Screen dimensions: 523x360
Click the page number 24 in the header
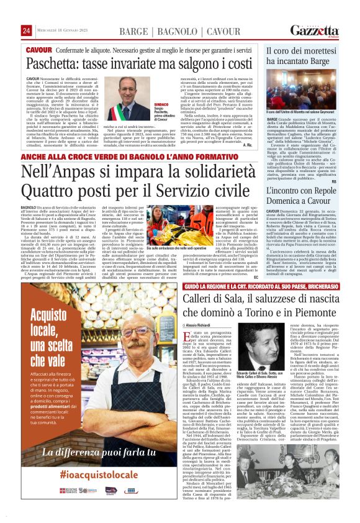pos(26,30)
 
